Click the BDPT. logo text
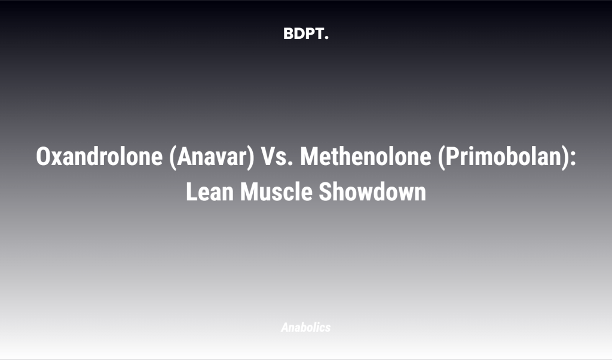306,34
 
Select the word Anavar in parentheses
209,157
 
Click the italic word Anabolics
305,327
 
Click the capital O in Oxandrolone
42,157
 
